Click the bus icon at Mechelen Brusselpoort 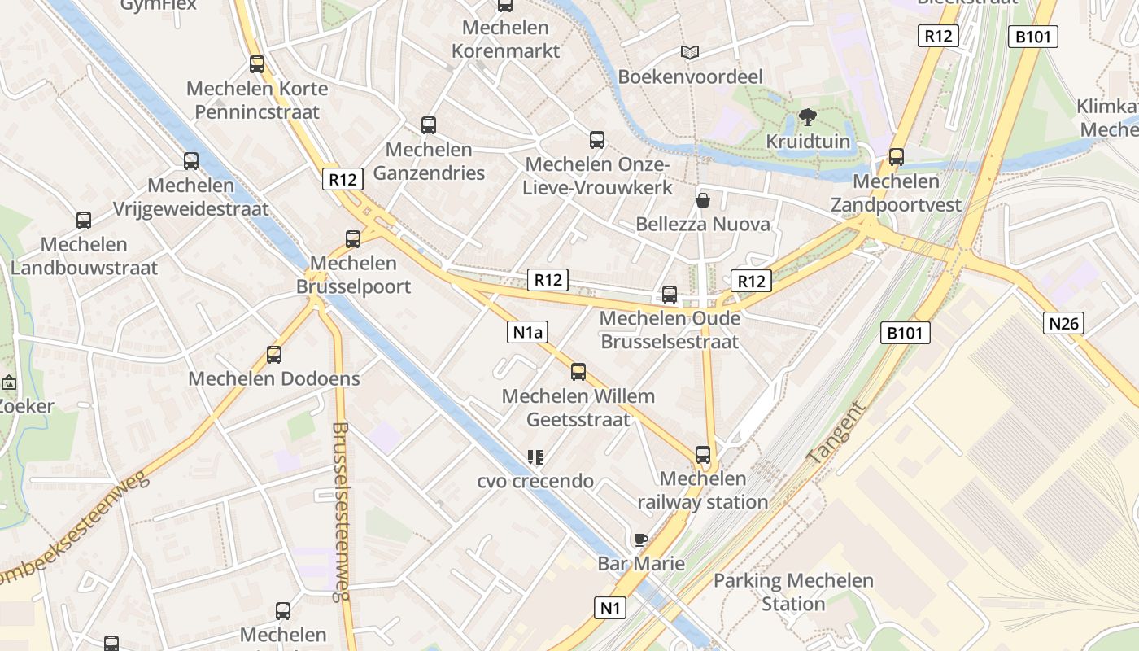coord(352,238)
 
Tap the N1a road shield coord(527,331)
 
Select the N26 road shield coord(1063,323)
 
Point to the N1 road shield coord(609,607)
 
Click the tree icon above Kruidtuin coord(807,117)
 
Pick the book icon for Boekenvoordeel coord(690,53)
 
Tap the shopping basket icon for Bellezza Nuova coord(702,199)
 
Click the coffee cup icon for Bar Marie coord(641,540)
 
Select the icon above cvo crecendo coord(535,457)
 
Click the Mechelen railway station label coord(702,491)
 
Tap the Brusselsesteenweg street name coord(341,511)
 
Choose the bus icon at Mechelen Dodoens coord(274,355)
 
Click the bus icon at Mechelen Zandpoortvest coord(896,157)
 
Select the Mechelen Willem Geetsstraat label coord(578,408)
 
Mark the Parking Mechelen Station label coord(793,592)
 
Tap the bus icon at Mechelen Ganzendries coord(429,125)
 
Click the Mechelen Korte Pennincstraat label coord(257,100)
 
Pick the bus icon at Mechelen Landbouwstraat coord(84,220)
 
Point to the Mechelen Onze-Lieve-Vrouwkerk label coord(598,176)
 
